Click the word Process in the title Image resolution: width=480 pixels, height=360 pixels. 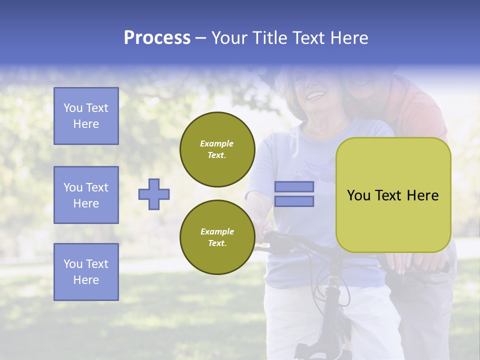(157, 38)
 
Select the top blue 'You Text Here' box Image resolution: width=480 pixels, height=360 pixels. (86, 116)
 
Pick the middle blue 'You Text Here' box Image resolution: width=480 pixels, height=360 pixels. (86, 195)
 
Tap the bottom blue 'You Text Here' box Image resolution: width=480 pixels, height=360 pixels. (86, 271)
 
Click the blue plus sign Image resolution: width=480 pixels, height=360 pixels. (154, 194)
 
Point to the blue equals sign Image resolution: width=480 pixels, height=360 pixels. (294, 194)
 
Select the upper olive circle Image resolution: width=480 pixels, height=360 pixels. (217, 149)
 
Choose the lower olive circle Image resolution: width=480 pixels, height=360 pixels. (217, 237)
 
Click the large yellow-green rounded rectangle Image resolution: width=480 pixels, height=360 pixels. (393, 194)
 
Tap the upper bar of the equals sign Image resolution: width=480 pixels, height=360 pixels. (294, 186)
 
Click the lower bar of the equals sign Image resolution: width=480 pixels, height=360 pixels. (294, 201)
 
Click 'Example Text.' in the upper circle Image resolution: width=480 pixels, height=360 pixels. (217, 149)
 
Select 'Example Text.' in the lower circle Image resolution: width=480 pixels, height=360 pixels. (217, 237)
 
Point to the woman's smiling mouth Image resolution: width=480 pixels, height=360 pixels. (315, 94)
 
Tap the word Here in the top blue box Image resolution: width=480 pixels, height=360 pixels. (86, 124)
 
